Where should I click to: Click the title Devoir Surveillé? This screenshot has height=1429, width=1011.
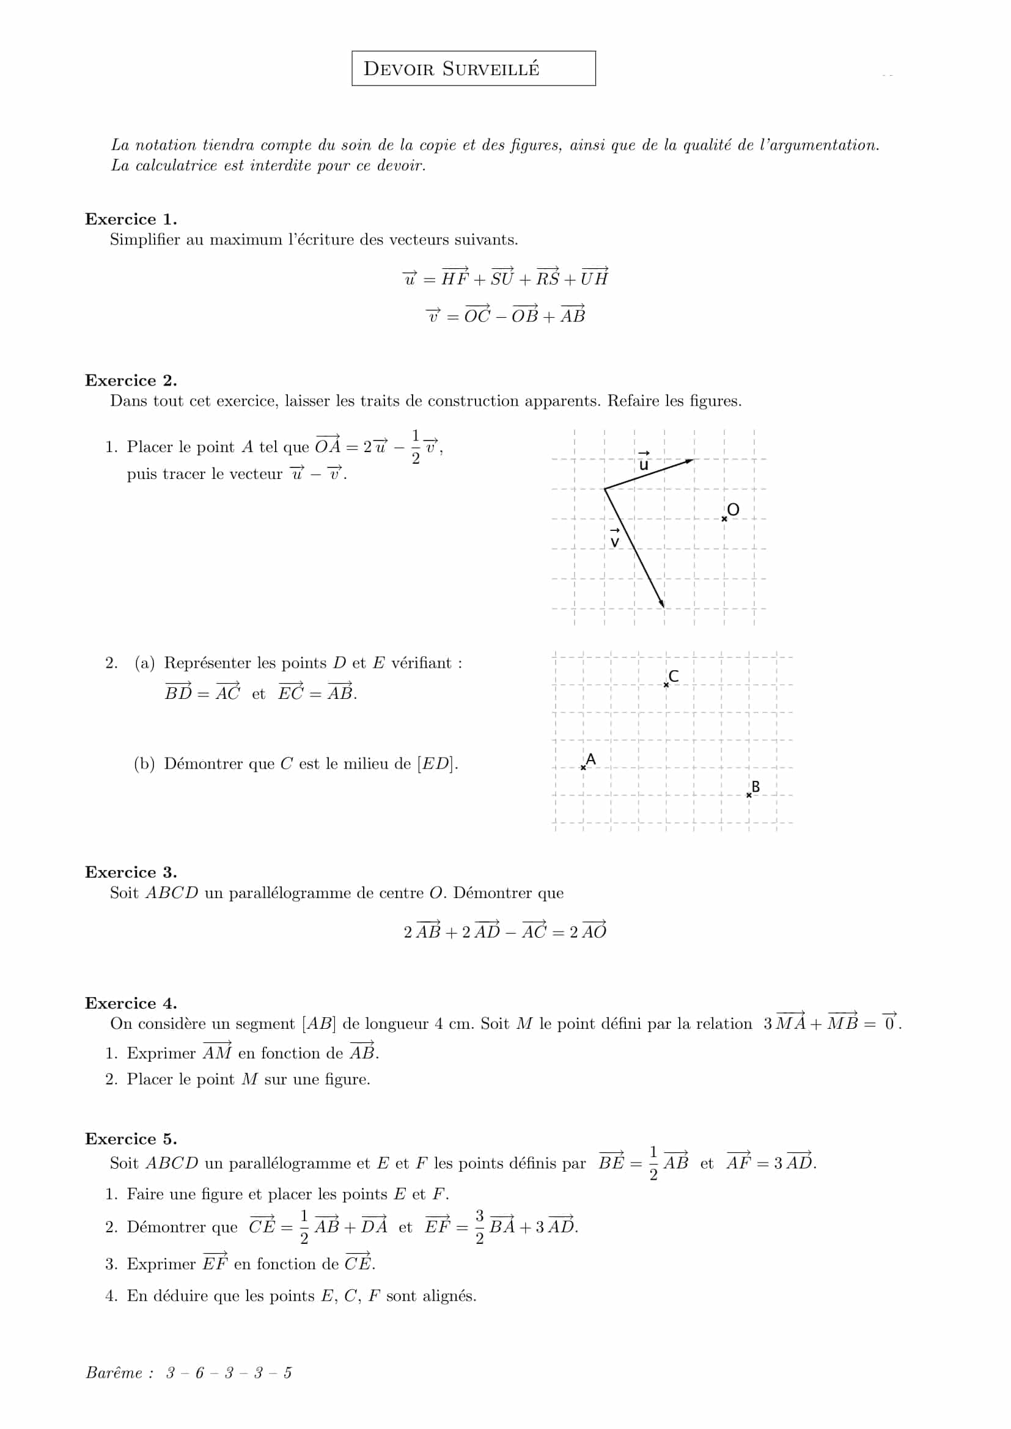tap(451, 68)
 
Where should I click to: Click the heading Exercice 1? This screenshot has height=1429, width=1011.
tap(131, 219)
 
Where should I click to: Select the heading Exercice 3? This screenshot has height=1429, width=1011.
tap(131, 872)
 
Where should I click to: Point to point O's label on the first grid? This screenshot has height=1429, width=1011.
tap(733, 510)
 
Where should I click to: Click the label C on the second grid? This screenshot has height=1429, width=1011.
tap(673, 676)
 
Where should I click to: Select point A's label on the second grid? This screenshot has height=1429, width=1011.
tap(591, 759)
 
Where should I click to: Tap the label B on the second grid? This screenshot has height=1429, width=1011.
tap(755, 787)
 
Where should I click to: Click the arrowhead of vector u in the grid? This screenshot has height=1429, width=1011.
tap(689, 461)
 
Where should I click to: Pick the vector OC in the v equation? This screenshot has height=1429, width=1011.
tap(477, 315)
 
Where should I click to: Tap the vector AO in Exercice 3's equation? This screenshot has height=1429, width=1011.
tap(594, 931)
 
